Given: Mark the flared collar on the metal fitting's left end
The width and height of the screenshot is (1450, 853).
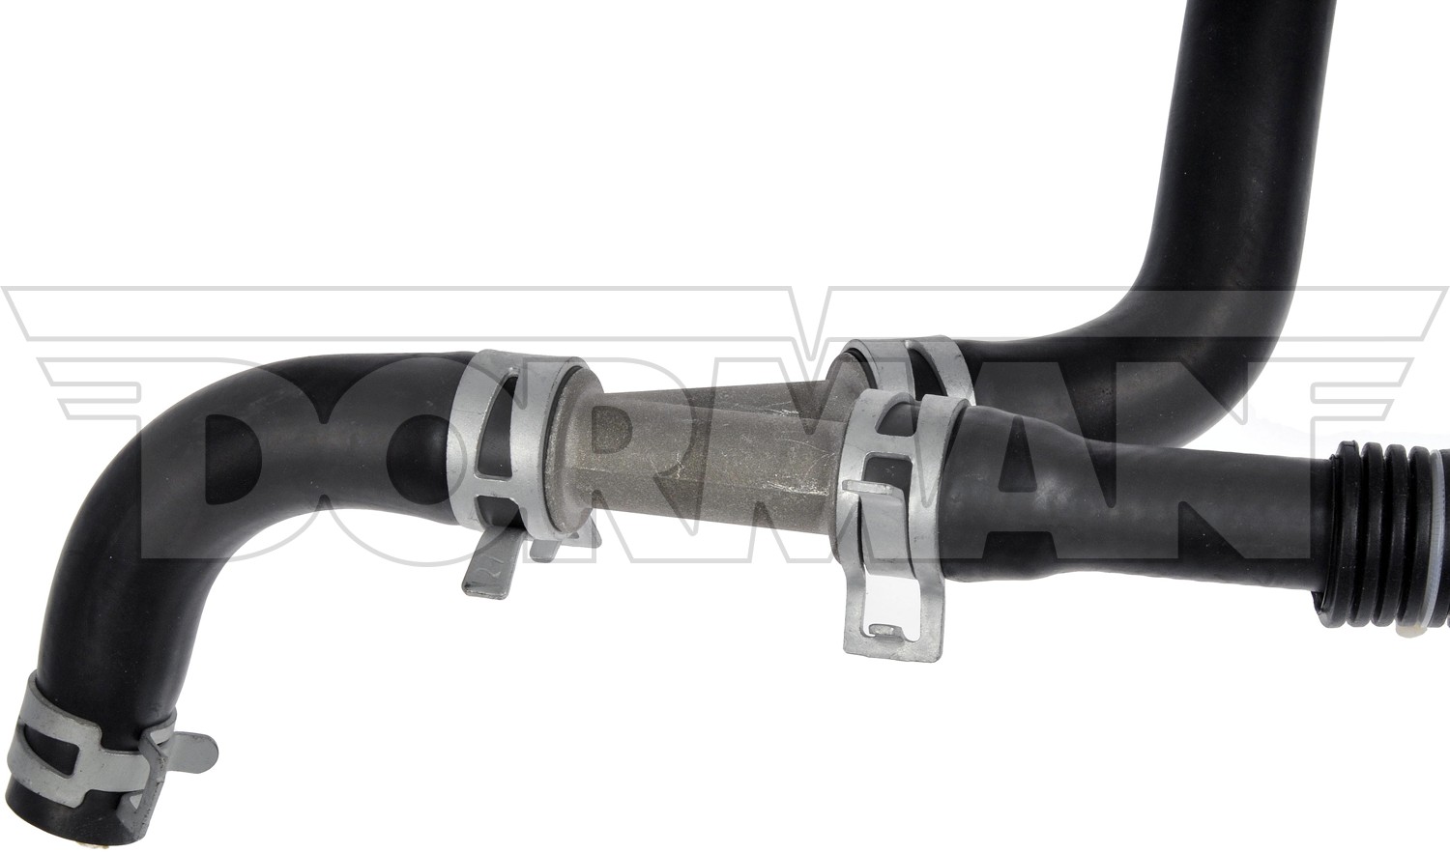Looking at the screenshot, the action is click(573, 453).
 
